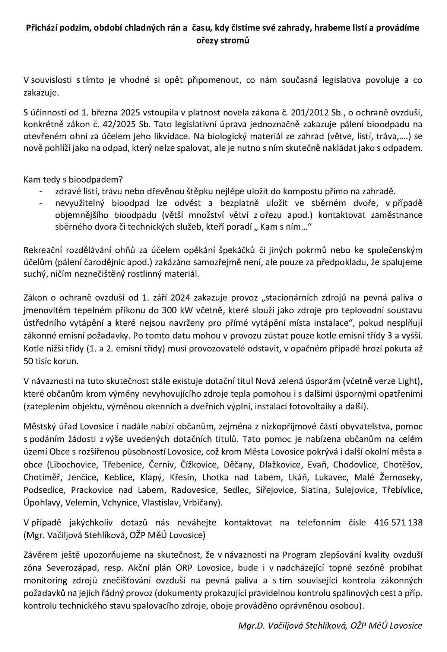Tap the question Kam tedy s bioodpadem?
pyautogui.click(x=73, y=180)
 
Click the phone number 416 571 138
pyautogui.click(x=398, y=522)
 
